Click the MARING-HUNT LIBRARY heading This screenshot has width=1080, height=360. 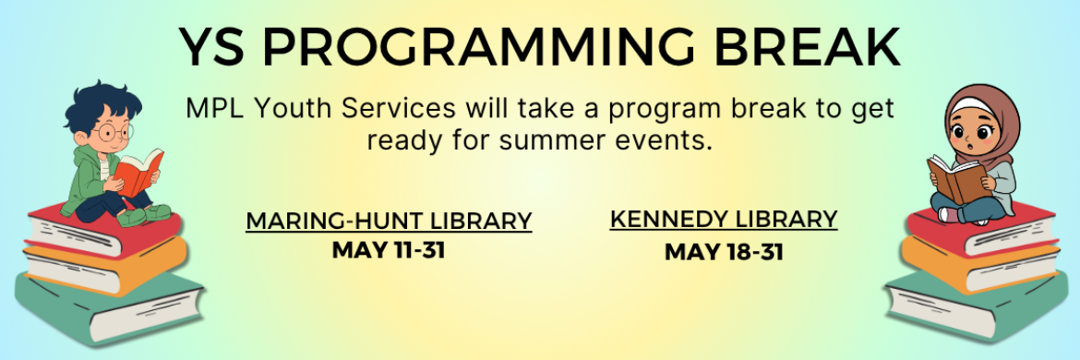pyautogui.click(x=389, y=222)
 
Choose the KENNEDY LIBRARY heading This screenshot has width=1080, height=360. pyautogui.click(x=724, y=220)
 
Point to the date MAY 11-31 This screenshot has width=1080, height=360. pyautogui.click(x=389, y=249)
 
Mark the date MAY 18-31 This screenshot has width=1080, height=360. pyautogui.click(x=724, y=251)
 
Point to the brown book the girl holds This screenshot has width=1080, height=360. pyautogui.click(x=955, y=178)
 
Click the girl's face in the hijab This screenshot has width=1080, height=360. pyautogui.click(x=968, y=130)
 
